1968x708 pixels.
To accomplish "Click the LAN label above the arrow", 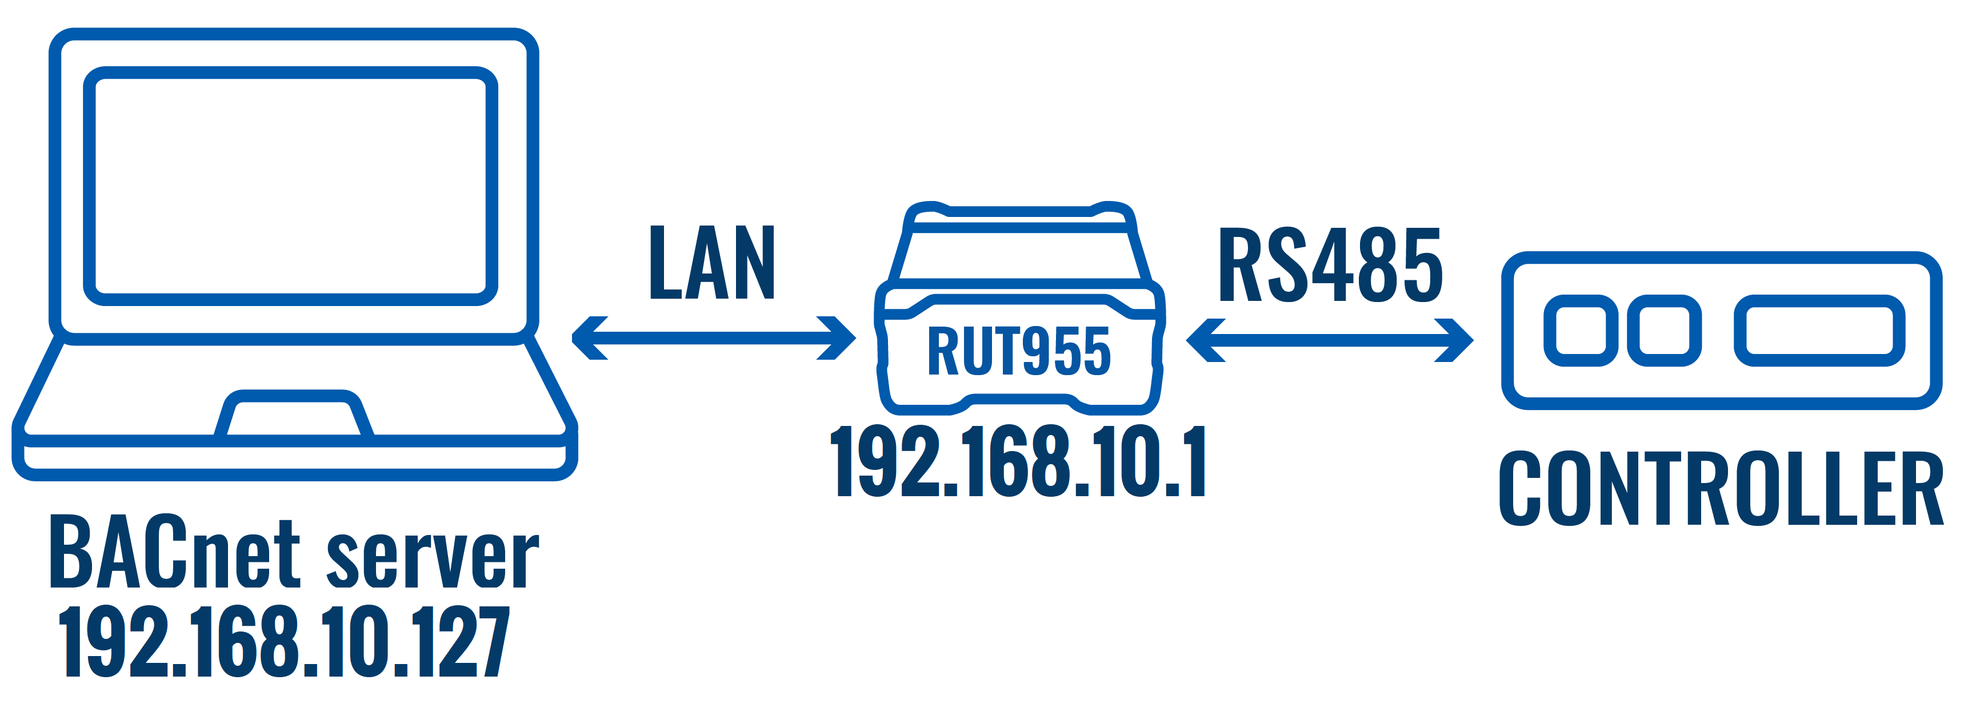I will pyautogui.click(x=712, y=262).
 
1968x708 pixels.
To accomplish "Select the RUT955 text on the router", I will pyautogui.click(x=1018, y=351).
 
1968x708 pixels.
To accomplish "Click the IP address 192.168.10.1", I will pyautogui.click(x=1018, y=461).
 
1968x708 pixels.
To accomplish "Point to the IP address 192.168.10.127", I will pyautogui.click(x=284, y=642).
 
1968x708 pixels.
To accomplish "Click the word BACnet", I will pyautogui.click(x=174, y=552).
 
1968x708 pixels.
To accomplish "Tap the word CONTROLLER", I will pyautogui.click(x=1721, y=489).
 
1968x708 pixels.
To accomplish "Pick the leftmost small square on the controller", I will pyautogui.click(x=1581, y=331).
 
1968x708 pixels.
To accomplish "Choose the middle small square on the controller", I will pyautogui.click(x=1664, y=331).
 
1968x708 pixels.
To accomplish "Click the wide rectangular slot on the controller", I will pyautogui.click(x=1819, y=331).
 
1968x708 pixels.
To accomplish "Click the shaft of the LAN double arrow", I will pyautogui.click(x=714, y=337).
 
